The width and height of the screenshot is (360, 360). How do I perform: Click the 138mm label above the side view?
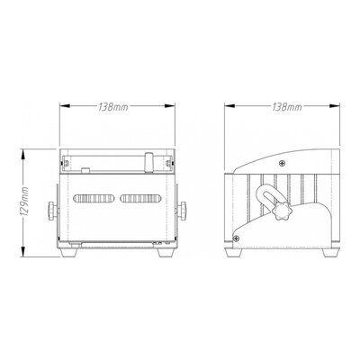point(285,107)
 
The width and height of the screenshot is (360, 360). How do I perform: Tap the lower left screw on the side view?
point(236,238)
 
